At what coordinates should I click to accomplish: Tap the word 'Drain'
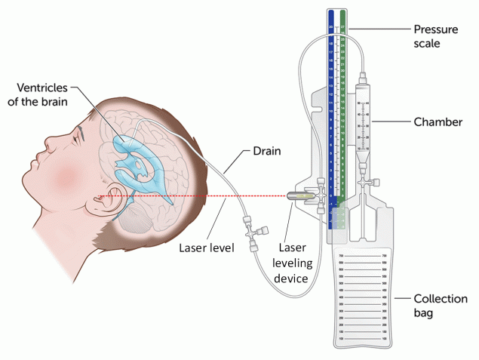(266, 151)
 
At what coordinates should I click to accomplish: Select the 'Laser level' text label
(206, 246)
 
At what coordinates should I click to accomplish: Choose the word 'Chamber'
(438, 122)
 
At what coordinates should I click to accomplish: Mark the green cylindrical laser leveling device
(299, 196)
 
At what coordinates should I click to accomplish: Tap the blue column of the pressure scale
(330, 113)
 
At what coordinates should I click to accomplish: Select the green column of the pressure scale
(344, 113)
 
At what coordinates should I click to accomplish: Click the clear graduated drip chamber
(365, 121)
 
